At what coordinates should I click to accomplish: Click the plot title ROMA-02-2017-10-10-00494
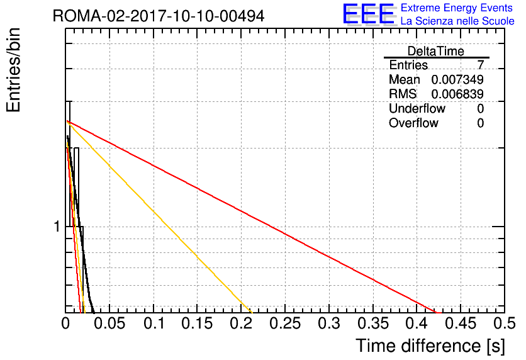[159, 16]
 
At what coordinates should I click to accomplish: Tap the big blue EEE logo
[369, 14]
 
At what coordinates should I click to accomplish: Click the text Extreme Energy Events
[457, 8]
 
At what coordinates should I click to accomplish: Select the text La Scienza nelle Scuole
[457, 21]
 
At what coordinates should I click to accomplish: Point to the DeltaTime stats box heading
[436, 51]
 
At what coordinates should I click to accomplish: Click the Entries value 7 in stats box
[480, 65]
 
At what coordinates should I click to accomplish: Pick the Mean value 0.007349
[457, 79]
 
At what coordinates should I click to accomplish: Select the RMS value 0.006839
[457, 94]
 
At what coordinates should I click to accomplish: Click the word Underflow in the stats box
[417, 108]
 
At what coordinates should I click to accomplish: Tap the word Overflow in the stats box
[413, 123]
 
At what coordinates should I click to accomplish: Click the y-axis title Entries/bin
[13, 70]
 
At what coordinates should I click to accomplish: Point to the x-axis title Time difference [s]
[430, 346]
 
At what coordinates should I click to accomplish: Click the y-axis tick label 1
[57, 227]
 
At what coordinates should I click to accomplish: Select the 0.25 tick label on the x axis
[285, 323]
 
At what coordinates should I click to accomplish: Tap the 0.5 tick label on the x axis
[505, 323]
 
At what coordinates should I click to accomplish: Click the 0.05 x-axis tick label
[109, 323]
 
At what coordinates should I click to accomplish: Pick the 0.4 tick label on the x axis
[417, 323]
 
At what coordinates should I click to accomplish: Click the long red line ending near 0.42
[252, 217]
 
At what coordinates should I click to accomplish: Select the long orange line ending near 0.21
[159, 217]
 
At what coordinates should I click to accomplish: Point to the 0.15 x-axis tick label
[198, 323]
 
